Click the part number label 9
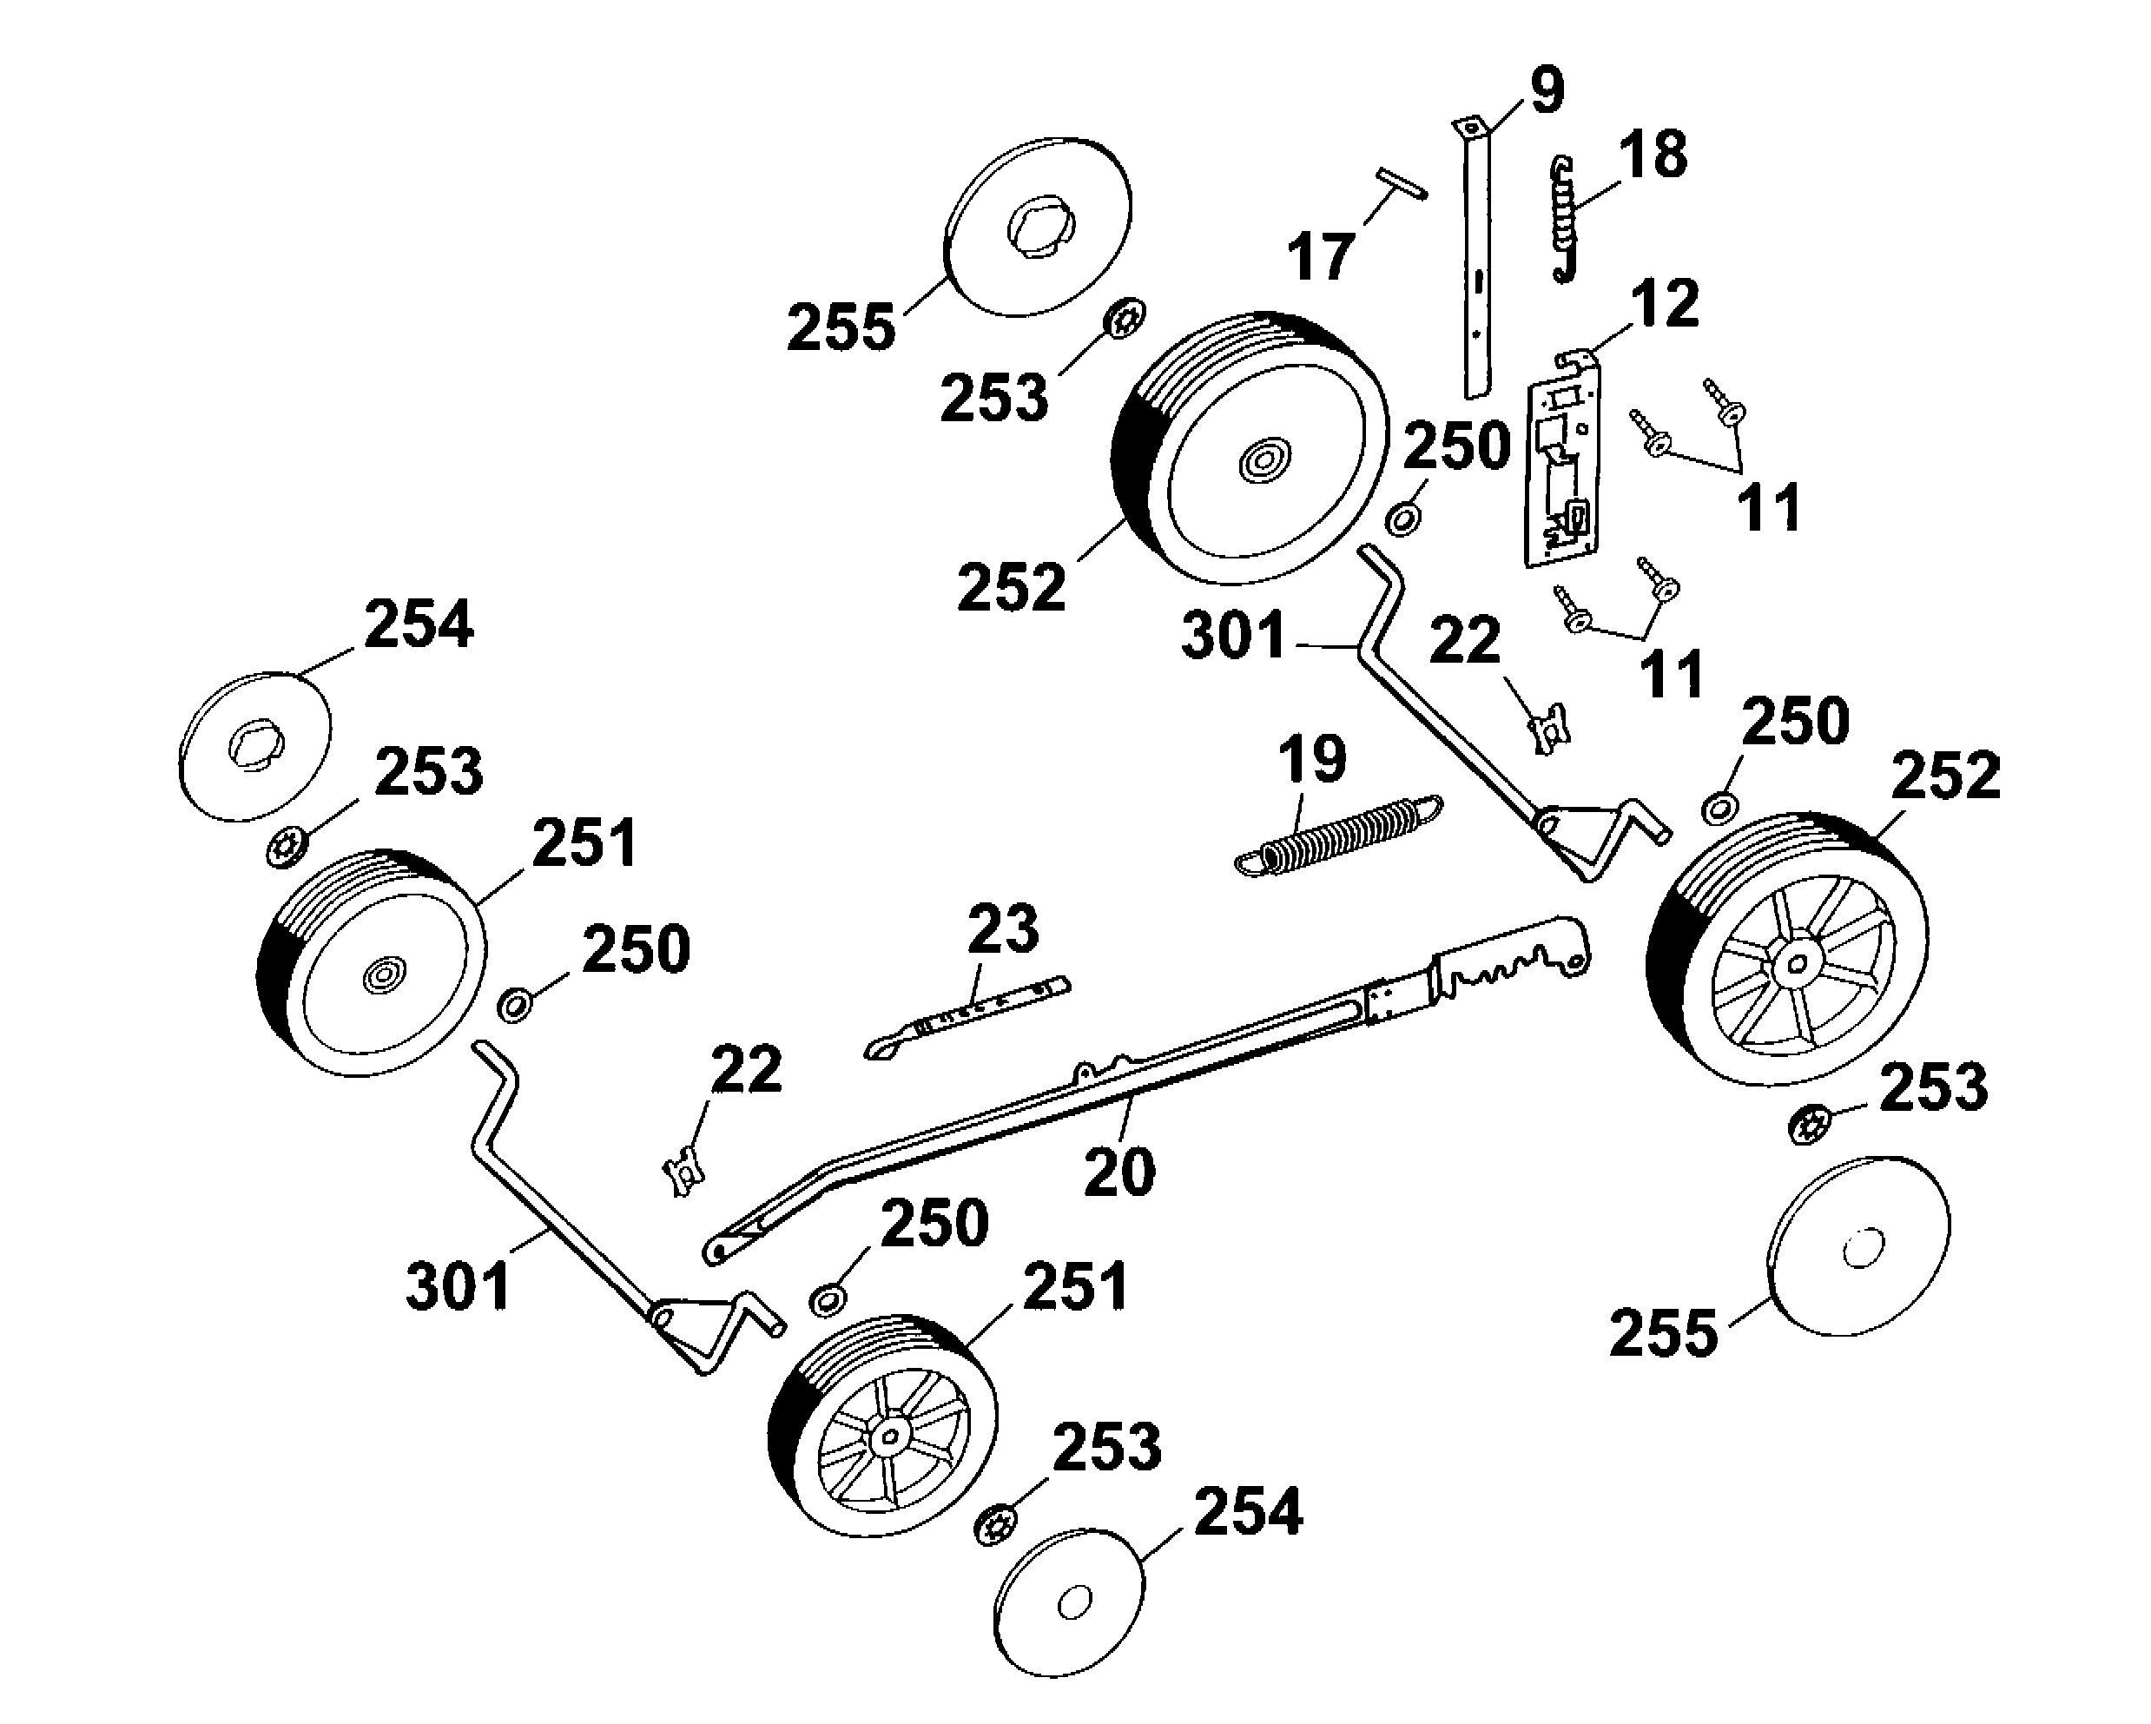pyautogui.click(x=1544, y=91)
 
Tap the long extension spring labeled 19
pyautogui.click(x=1337, y=837)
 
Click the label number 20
pyautogui.click(x=1118, y=1172)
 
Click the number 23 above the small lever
pyautogui.click(x=1003, y=928)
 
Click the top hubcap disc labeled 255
pyautogui.click(x=1038, y=228)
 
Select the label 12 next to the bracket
pyautogui.click(x=1664, y=303)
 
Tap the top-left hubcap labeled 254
pyautogui.click(x=254, y=746)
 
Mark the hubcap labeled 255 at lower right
pyautogui.click(x=1857, y=1247)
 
